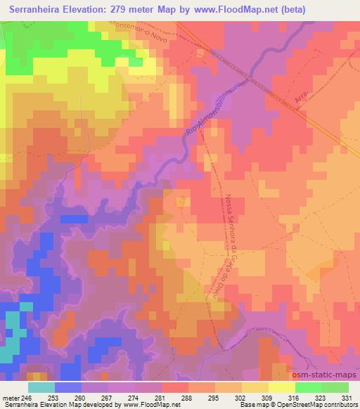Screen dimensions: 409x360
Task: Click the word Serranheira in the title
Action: [x=41, y=8]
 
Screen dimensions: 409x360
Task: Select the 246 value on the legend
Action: [x=27, y=397]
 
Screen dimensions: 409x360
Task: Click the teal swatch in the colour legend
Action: [x=41, y=387]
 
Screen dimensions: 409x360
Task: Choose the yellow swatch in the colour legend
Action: [x=282, y=387]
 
